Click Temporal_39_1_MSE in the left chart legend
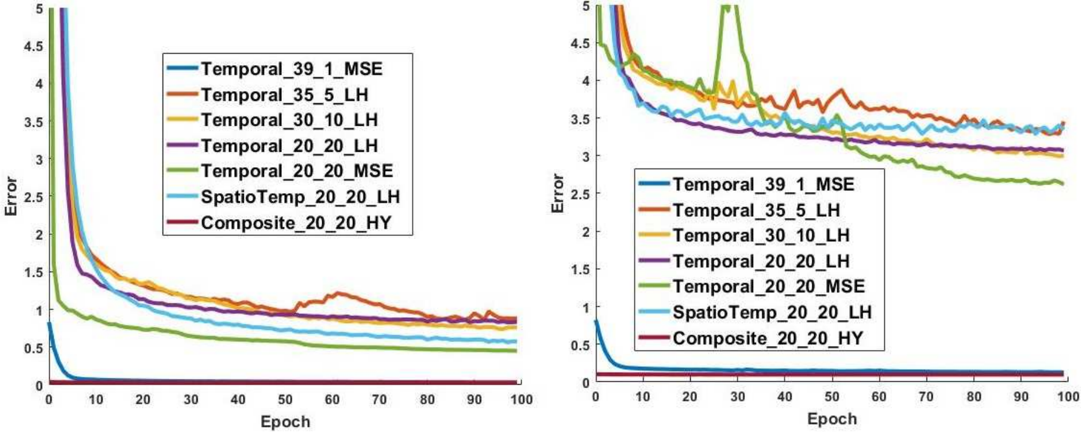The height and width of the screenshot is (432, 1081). point(292,69)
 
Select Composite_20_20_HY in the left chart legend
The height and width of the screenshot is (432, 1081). point(296,223)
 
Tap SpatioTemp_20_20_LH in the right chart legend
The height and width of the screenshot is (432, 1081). point(772,312)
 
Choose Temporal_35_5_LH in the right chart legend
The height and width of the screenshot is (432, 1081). point(756,210)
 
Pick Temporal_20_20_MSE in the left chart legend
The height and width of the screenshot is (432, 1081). point(297,171)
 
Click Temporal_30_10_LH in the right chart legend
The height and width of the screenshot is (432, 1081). point(761,235)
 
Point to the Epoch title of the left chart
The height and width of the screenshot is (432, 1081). point(285,422)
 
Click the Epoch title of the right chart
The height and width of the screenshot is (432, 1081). point(832,419)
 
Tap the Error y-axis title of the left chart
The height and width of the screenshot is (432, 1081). point(11,197)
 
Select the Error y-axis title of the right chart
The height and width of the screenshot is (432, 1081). point(558,193)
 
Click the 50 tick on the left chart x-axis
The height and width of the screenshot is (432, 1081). point(285,400)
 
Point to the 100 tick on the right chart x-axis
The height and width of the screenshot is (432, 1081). point(1068,396)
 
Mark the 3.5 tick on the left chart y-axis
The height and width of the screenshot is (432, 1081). point(33,122)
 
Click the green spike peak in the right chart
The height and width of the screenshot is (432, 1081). point(728,7)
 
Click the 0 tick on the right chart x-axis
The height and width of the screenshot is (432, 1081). point(596,396)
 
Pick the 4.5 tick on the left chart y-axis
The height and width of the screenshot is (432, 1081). point(33,46)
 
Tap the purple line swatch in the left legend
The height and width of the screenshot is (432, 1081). point(182,146)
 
